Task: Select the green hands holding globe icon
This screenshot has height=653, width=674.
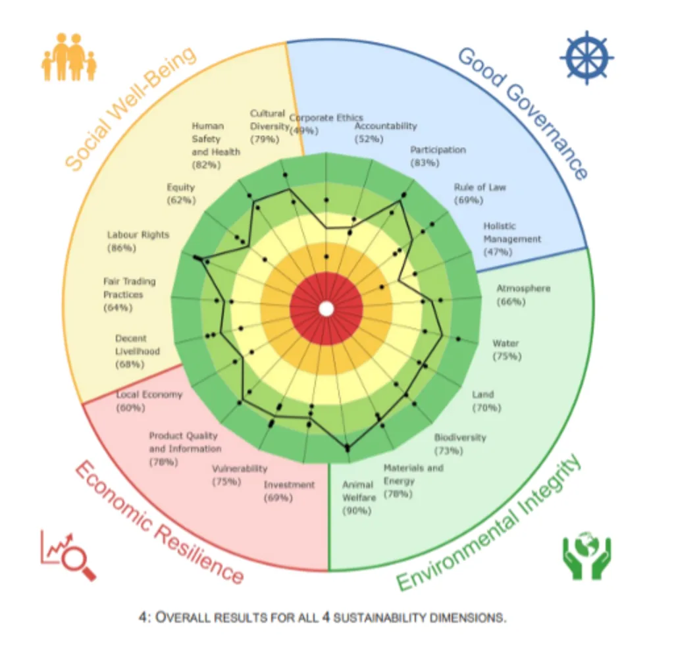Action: (x=586, y=558)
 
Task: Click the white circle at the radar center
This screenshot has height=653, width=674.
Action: (x=326, y=308)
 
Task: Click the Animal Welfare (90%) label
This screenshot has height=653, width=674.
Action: (x=357, y=498)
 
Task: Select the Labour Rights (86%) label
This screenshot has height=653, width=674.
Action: (x=138, y=241)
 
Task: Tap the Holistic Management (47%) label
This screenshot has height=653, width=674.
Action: (x=512, y=238)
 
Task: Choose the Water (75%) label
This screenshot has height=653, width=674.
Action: (x=506, y=350)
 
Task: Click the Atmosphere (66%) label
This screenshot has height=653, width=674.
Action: (x=523, y=295)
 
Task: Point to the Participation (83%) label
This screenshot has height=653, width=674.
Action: (x=437, y=155)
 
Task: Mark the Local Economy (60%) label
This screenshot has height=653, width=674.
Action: (x=148, y=401)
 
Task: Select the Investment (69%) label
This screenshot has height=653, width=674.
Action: (x=289, y=491)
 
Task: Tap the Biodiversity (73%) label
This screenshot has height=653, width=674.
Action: (x=459, y=444)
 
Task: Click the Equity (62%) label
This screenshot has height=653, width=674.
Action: (x=180, y=193)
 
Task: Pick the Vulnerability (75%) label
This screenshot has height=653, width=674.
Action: (x=239, y=475)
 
